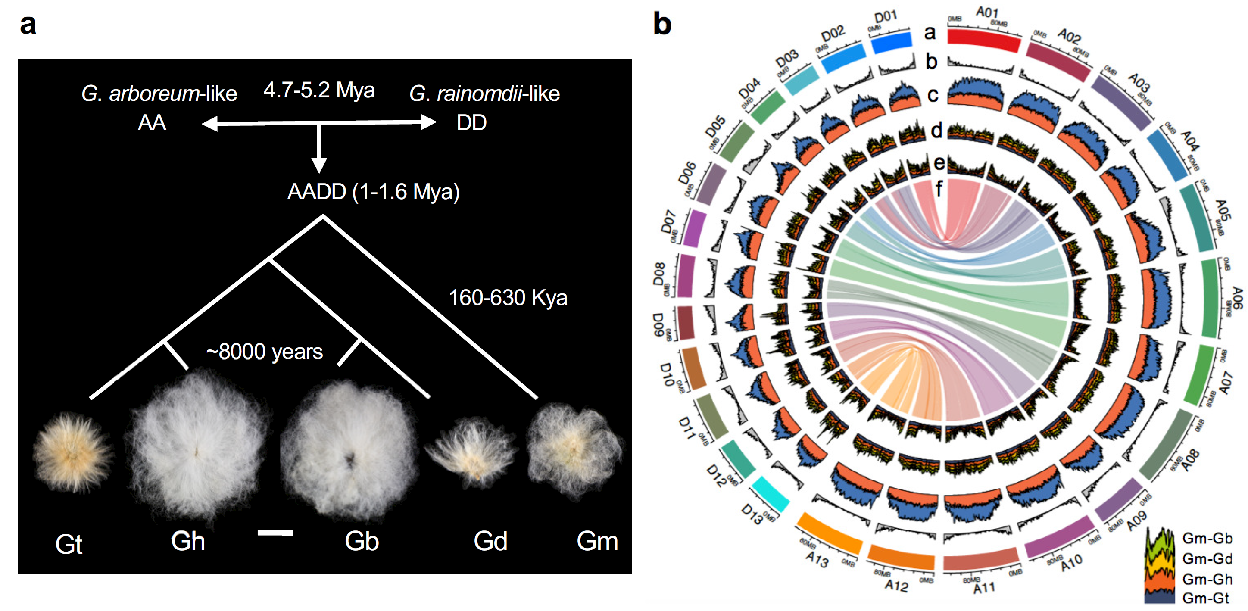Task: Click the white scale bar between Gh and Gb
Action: (x=275, y=533)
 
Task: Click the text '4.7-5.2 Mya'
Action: (x=319, y=90)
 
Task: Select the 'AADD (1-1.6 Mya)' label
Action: (x=373, y=192)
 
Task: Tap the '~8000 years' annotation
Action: (x=264, y=352)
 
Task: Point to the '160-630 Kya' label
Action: (x=508, y=297)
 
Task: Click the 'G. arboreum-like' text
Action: (x=159, y=94)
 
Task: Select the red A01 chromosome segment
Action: (x=983, y=39)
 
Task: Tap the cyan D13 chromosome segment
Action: (x=771, y=494)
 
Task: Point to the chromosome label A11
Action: (x=984, y=588)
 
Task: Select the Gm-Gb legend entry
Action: (x=1207, y=538)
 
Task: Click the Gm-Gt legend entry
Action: (x=1205, y=599)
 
